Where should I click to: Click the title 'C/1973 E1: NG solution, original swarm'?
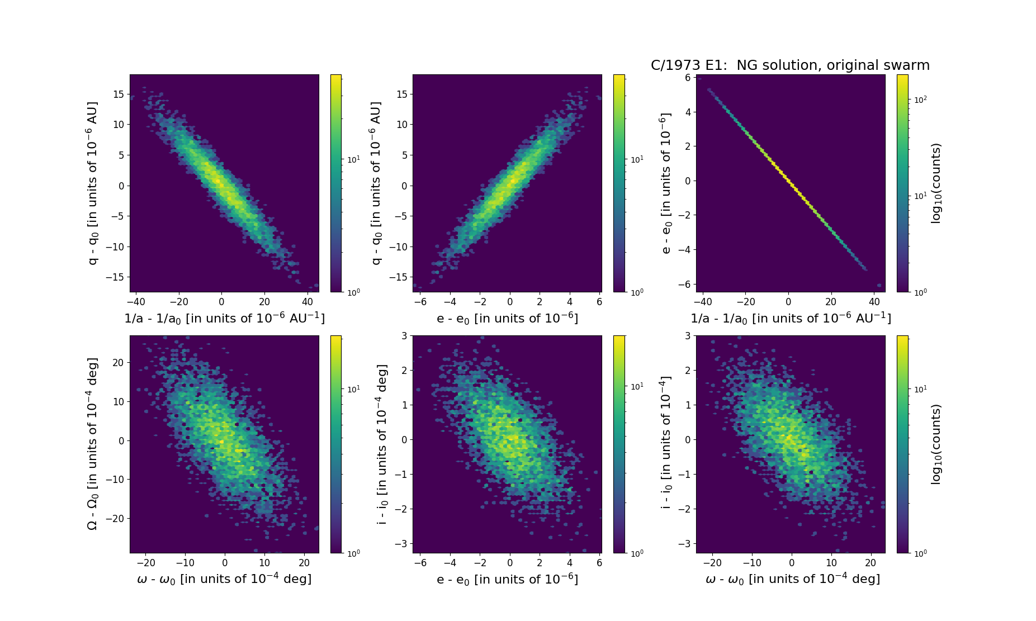(790, 65)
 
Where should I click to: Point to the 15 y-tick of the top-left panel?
(118, 94)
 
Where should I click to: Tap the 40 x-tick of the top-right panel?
(874, 302)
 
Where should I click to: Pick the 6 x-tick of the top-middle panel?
(599, 302)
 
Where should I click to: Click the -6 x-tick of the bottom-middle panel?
(420, 563)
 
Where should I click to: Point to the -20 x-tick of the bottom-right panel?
(712, 563)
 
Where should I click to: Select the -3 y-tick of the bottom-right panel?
(683, 543)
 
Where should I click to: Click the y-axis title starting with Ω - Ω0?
(93, 444)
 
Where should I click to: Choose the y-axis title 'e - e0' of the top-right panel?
(665, 183)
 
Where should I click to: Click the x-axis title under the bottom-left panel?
(224, 579)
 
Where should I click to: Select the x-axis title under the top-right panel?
(791, 319)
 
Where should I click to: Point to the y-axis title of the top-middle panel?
(376, 183)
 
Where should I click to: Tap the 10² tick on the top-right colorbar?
(920, 99)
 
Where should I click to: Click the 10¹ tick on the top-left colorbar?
(353, 160)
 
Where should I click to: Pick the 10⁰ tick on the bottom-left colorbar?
(353, 553)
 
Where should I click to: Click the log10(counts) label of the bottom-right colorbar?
(936, 444)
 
